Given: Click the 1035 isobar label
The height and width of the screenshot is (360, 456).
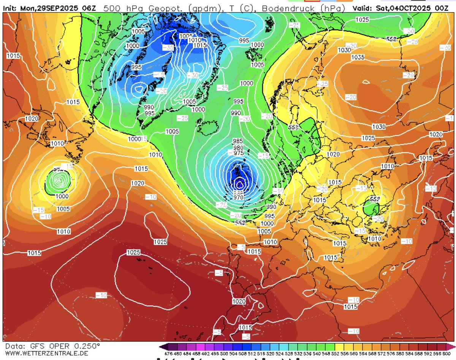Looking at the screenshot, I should point(358,57).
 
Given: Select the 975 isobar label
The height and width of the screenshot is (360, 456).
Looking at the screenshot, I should point(239,153).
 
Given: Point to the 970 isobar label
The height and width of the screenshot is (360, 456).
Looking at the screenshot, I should point(239,197).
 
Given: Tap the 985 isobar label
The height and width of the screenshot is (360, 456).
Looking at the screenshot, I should point(238,141).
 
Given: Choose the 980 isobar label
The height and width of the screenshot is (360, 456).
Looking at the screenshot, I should point(238,148).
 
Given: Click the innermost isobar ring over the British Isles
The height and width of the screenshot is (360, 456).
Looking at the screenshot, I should point(239,185).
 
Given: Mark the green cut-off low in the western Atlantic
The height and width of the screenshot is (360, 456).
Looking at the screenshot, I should point(58,181).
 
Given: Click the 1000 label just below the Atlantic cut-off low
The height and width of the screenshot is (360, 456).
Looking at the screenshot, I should point(62,197).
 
